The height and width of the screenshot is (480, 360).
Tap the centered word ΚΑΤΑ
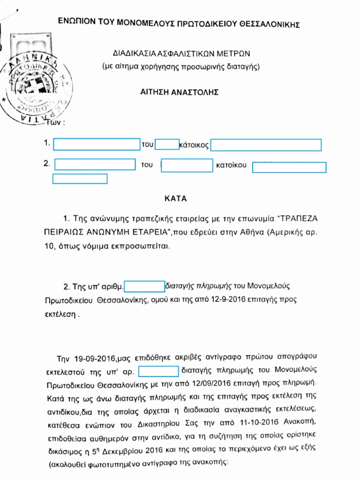tap(176, 198)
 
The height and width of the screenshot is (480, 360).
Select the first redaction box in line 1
tap(97, 144)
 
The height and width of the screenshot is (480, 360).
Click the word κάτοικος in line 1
tap(194, 145)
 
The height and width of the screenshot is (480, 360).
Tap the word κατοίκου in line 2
tap(232, 165)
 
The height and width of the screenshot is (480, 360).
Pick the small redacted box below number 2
tap(80, 179)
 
